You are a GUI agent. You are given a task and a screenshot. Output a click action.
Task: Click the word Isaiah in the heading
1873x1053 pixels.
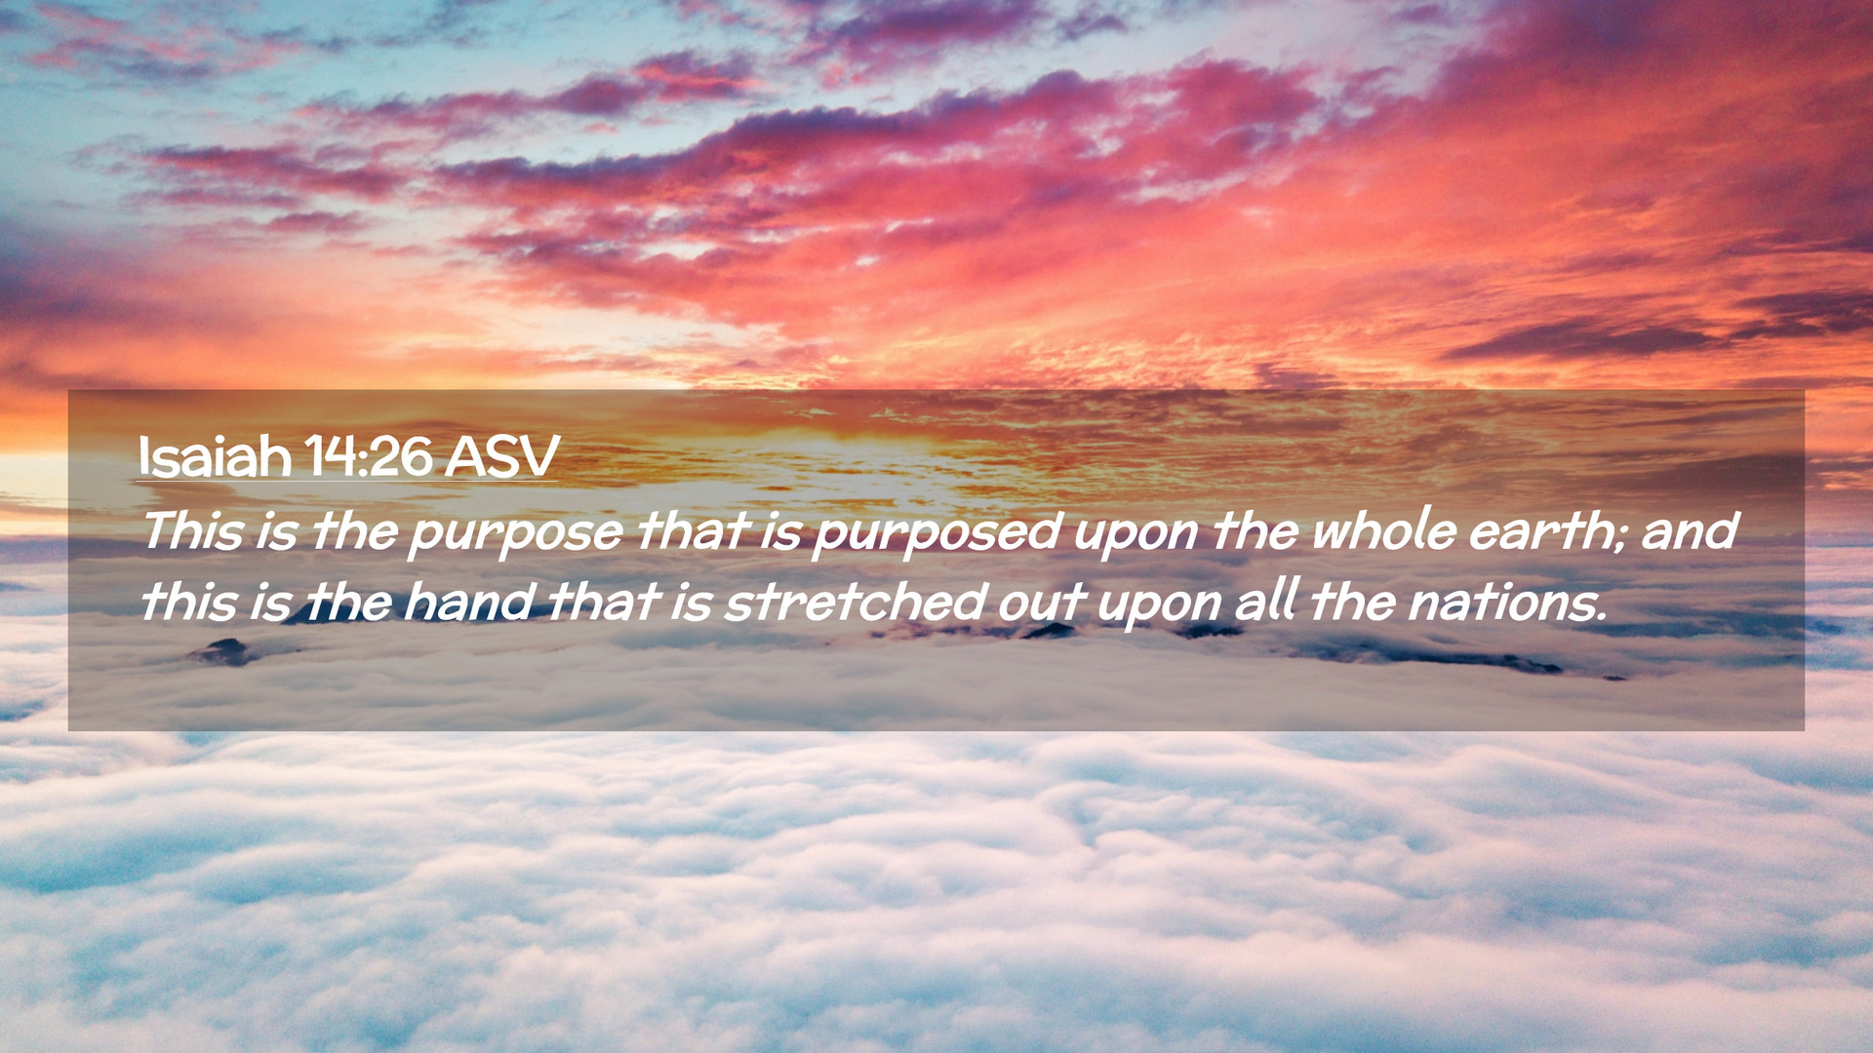[215, 455]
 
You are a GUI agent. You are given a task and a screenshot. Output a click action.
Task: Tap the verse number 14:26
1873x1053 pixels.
[368, 455]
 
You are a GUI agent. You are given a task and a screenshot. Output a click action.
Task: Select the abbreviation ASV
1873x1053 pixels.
[501, 455]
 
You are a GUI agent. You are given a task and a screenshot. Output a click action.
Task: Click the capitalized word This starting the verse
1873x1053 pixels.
[192, 531]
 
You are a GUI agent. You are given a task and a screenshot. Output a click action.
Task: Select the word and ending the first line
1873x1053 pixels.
[1690, 531]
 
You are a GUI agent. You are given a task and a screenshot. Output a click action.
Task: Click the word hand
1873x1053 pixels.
[467, 602]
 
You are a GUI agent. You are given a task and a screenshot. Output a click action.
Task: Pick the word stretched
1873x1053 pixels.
[855, 602]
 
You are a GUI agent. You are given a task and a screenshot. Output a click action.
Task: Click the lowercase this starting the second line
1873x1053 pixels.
[189, 602]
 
